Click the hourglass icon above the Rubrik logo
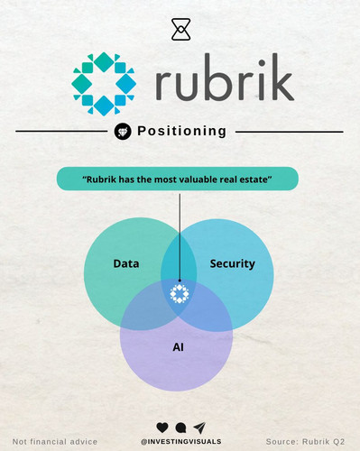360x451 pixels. click(x=180, y=29)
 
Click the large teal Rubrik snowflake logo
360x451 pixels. click(x=104, y=84)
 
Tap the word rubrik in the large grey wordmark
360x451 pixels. click(x=225, y=78)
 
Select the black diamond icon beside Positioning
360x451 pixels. click(x=123, y=132)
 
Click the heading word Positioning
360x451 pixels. click(x=181, y=132)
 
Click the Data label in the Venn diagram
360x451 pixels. click(x=126, y=263)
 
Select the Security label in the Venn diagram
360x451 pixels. click(x=233, y=263)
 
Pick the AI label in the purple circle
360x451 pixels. click(x=178, y=347)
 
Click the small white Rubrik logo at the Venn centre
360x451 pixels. click(x=180, y=293)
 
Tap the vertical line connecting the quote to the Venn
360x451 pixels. click(x=180, y=237)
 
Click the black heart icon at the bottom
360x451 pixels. click(x=162, y=428)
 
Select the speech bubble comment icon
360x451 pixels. click(x=180, y=428)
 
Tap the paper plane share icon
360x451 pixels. click(x=199, y=427)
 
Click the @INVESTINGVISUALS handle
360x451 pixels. click(x=180, y=442)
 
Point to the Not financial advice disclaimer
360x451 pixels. click(x=55, y=442)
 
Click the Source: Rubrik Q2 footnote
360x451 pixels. click(x=305, y=442)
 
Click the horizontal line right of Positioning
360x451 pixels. click(x=290, y=132)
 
